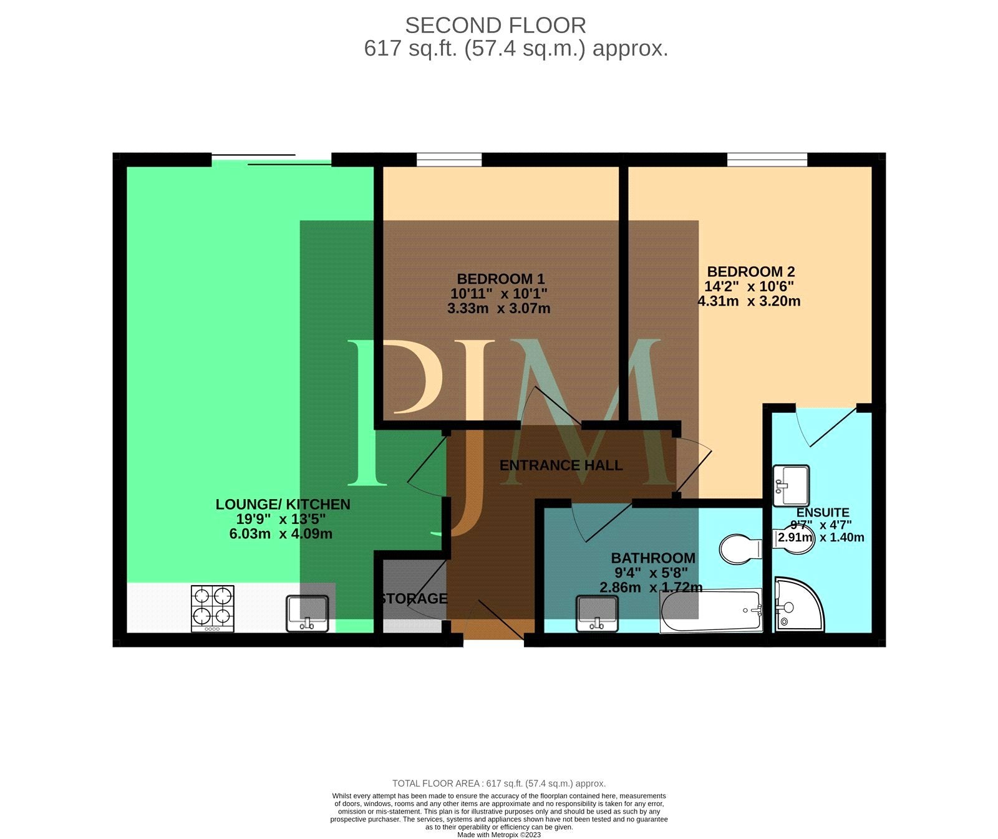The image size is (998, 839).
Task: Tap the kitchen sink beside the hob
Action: pos(308,613)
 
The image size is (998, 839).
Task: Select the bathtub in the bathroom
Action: pos(711,611)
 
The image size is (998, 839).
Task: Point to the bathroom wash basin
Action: pos(598,614)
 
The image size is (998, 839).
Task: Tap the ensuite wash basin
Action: pos(791,486)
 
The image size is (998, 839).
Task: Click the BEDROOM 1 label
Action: pos(501,279)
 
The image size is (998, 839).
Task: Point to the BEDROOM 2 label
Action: pos(751,272)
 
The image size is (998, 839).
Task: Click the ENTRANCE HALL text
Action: pos(561,465)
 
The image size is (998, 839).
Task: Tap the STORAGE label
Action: pos(414,599)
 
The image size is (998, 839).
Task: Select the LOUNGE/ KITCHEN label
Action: pos(283,504)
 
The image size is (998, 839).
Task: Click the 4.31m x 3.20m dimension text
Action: pos(749,301)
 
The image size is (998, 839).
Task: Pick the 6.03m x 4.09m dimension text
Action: pos(281,534)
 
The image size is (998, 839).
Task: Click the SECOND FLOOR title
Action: pos(496,26)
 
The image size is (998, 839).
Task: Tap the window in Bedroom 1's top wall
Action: pos(449,160)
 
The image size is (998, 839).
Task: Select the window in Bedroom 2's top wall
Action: pos(767,160)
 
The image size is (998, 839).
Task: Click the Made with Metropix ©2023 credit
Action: pos(499,835)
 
